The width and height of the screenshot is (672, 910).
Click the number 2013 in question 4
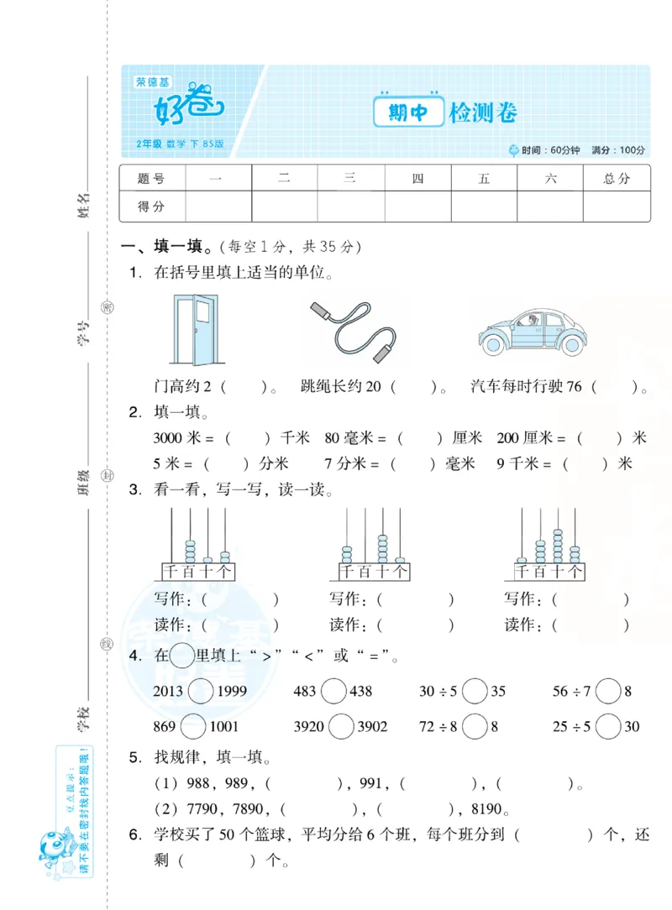[169, 691]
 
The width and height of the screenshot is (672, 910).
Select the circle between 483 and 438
[333, 691]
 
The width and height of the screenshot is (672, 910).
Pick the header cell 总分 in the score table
[617, 178]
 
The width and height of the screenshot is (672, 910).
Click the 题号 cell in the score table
[151, 178]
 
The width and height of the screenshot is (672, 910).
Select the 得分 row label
[151, 207]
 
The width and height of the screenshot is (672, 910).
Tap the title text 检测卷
[483, 112]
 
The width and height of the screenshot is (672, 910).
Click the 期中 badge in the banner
[409, 112]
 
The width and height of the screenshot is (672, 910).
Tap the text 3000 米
[179, 438]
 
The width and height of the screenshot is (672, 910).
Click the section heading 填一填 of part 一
[179, 247]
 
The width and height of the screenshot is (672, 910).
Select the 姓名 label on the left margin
[82, 202]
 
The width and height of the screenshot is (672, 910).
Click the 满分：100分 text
[618, 150]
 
